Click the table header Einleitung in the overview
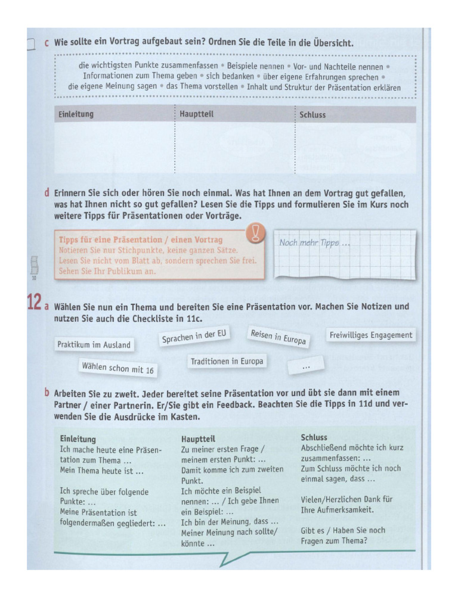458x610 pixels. [x=76, y=114]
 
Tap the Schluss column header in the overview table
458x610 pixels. [x=313, y=115]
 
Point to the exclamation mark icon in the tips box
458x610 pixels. [x=256, y=233]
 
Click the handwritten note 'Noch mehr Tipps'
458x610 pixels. [x=315, y=243]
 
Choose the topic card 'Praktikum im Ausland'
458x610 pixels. [x=94, y=344]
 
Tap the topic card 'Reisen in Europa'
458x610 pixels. [x=278, y=337]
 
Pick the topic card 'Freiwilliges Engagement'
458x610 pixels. [x=371, y=335]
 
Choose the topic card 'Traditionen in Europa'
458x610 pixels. [x=227, y=361]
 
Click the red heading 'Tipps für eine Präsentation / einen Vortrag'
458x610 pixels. [x=141, y=239]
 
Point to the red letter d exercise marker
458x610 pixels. [x=47, y=193]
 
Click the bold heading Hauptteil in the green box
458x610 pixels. [x=198, y=439]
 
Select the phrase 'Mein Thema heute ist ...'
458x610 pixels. [x=102, y=471]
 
